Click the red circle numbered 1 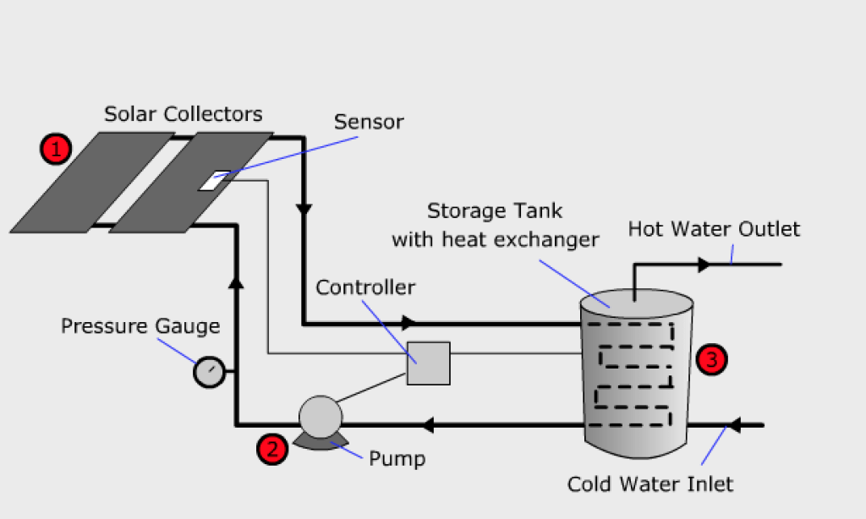(56, 150)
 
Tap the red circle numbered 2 (271, 449)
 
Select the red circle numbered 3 (711, 359)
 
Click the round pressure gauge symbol (209, 372)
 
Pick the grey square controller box (428, 363)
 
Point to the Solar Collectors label (183, 113)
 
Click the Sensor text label (369, 122)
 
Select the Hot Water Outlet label (714, 229)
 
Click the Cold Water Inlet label (649, 484)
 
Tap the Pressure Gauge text (140, 326)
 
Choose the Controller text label (365, 287)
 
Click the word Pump (397, 459)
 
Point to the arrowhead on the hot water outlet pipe (704, 265)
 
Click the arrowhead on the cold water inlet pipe (734, 424)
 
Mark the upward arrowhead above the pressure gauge (236, 281)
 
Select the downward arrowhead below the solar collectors (304, 208)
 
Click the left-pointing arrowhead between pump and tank (430, 424)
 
